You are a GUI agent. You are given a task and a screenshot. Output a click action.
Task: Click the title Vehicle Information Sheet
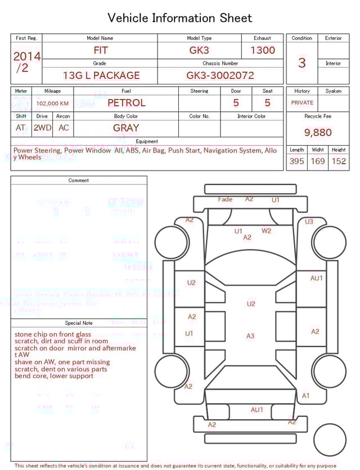pyautogui.click(x=179, y=18)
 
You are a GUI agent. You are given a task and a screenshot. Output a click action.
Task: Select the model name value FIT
pyautogui.click(x=101, y=50)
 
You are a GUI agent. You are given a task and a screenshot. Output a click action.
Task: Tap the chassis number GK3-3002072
pyautogui.click(x=220, y=75)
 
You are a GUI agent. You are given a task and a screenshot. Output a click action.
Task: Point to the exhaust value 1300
pyautogui.click(x=263, y=50)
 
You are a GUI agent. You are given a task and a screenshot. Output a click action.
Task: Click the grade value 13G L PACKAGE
pyautogui.click(x=101, y=75)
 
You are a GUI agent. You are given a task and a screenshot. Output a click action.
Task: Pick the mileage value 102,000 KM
pyautogui.click(x=52, y=104)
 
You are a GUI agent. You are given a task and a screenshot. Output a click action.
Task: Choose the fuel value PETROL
pyautogui.click(x=126, y=103)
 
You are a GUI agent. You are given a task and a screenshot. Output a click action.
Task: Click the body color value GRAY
pyautogui.click(x=126, y=128)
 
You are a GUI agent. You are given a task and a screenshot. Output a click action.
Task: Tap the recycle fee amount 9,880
pyautogui.click(x=318, y=133)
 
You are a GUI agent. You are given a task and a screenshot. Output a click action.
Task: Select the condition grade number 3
pyautogui.click(x=302, y=62)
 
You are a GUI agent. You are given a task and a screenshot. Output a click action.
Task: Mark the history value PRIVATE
pyautogui.click(x=302, y=103)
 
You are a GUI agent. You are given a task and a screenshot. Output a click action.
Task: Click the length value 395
pyautogui.click(x=296, y=162)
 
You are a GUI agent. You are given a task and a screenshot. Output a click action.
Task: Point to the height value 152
pyautogui.click(x=339, y=162)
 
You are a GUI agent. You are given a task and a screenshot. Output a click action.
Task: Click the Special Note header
pyautogui.click(x=79, y=323)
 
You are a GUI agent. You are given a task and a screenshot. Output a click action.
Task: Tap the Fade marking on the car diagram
pyautogui.click(x=225, y=199)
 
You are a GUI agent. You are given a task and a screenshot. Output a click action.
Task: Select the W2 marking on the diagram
pyautogui.click(x=266, y=230)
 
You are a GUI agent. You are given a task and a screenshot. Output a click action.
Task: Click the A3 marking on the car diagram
pyautogui.click(x=250, y=336)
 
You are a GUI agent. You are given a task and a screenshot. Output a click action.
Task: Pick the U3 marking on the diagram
pyautogui.click(x=309, y=222)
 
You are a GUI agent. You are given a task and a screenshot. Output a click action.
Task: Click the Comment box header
pyautogui.click(x=79, y=181)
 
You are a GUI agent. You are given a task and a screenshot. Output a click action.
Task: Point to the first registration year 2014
pyautogui.click(x=26, y=56)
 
